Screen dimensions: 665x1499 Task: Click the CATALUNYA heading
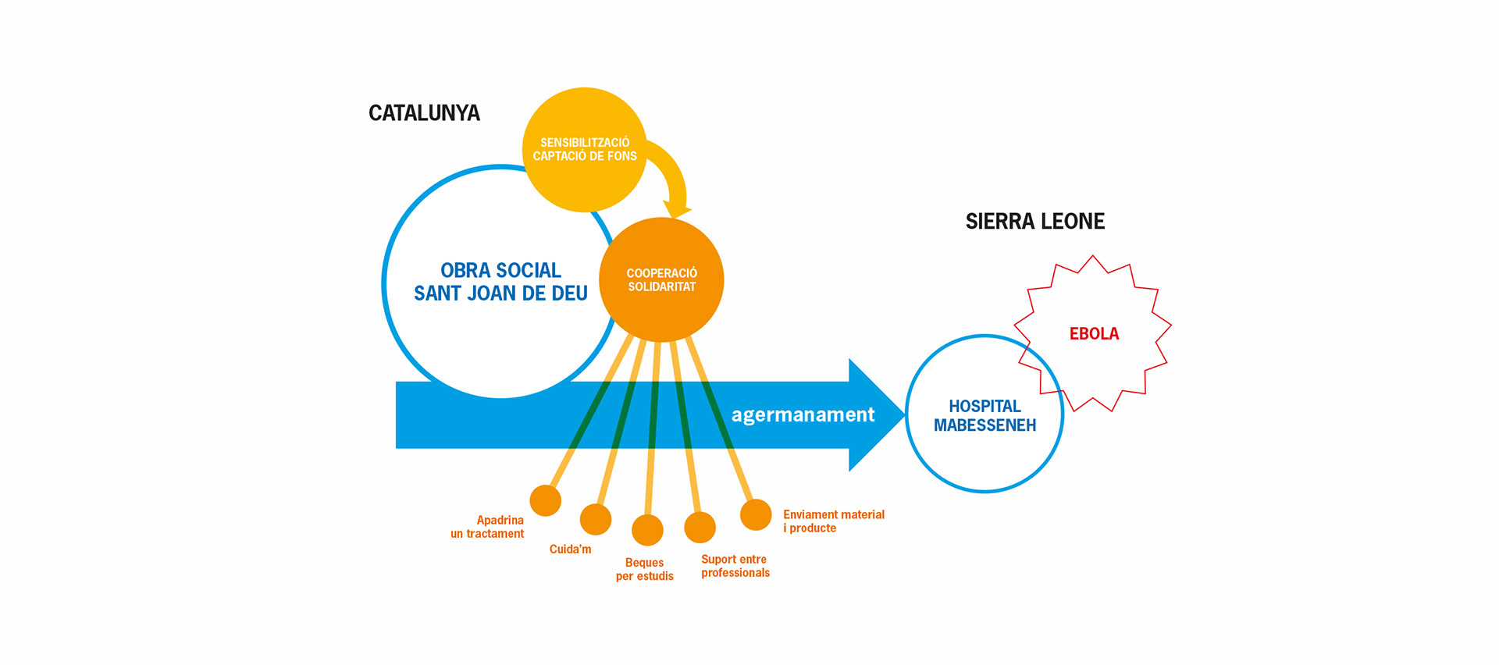pyautogui.click(x=424, y=113)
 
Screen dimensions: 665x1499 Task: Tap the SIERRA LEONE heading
pyautogui.click(x=1034, y=222)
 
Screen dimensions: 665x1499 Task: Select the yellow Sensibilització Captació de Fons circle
pyautogui.click(x=584, y=149)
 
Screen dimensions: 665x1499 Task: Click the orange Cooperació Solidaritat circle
pyautogui.click(x=661, y=279)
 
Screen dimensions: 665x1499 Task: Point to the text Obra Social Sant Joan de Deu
pyautogui.click(x=500, y=282)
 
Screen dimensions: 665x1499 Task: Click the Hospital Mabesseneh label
pyautogui.click(x=984, y=415)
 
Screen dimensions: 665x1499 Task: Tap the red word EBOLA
pyautogui.click(x=1094, y=334)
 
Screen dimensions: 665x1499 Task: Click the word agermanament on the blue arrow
pyautogui.click(x=803, y=414)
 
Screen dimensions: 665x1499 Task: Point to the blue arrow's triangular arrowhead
pyautogui.click(x=874, y=414)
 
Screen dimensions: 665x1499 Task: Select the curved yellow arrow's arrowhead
pyautogui.click(x=676, y=209)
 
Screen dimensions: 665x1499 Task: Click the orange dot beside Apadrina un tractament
pyautogui.click(x=545, y=500)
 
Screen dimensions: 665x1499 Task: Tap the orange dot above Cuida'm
pyautogui.click(x=596, y=519)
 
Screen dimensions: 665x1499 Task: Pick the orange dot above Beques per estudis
pyautogui.click(x=647, y=530)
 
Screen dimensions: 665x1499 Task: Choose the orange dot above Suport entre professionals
pyautogui.click(x=700, y=527)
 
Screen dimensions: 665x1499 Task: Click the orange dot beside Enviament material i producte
pyautogui.click(x=756, y=514)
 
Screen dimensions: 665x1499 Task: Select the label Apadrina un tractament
pyautogui.click(x=487, y=527)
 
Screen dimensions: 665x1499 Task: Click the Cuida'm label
pyautogui.click(x=570, y=549)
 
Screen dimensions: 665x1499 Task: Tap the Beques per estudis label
pyautogui.click(x=644, y=569)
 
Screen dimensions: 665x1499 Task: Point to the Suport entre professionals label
pyautogui.click(x=735, y=566)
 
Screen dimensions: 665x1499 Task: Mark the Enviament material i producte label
pyautogui.click(x=833, y=521)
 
